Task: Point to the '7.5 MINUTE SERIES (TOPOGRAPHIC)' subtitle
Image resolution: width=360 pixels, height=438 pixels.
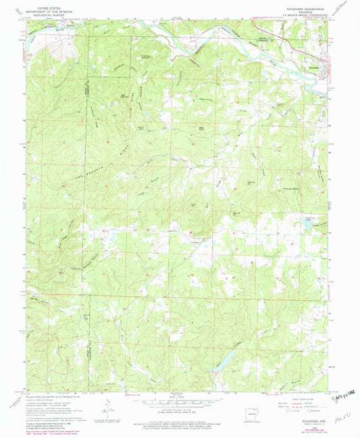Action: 297,16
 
